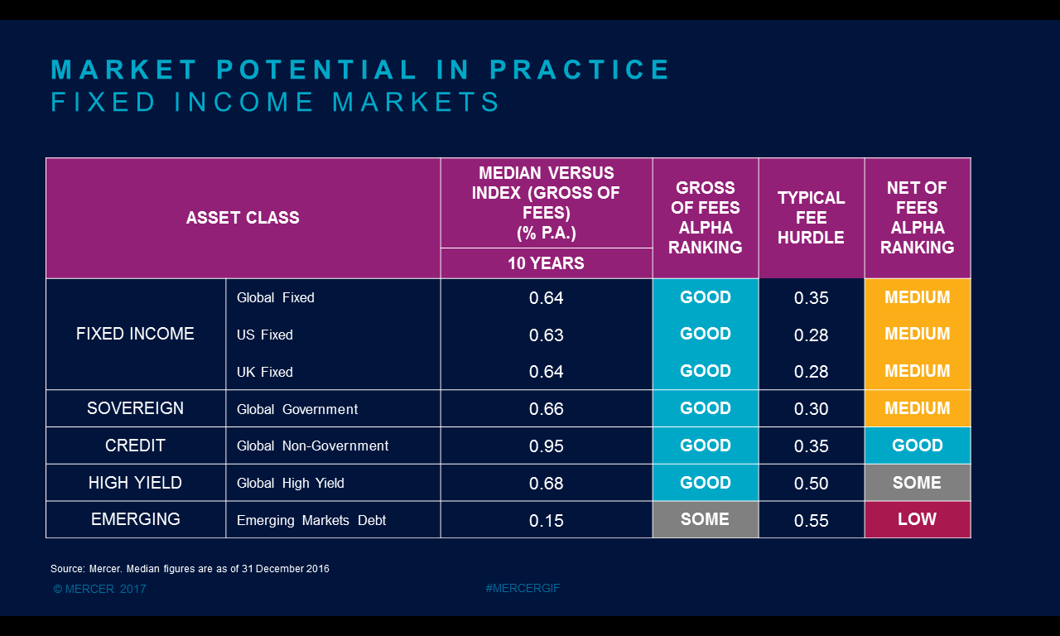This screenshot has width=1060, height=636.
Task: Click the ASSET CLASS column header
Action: [243, 218]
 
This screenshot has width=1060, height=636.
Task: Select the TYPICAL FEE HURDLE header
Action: [811, 218]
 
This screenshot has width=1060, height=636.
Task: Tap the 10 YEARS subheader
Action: [546, 263]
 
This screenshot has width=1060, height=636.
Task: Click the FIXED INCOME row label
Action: [135, 334]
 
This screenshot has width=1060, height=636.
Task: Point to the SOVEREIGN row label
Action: [135, 408]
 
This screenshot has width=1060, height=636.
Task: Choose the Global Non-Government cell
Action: [312, 446]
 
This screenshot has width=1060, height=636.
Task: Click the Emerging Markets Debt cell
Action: [311, 520]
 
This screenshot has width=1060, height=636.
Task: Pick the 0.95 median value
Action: [546, 446]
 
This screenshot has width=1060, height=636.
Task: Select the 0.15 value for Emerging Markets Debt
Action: [546, 521]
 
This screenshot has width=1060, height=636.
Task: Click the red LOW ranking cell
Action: [918, 519]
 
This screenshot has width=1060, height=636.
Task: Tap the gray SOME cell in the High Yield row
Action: [918, 483]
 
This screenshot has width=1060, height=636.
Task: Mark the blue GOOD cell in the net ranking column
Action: [918, 446]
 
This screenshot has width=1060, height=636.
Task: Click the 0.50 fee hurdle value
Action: [811, 483]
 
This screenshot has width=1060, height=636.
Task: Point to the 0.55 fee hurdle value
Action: [811, 521]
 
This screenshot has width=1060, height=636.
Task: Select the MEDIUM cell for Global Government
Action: [918, 408]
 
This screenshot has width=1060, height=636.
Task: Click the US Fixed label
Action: [264, 335]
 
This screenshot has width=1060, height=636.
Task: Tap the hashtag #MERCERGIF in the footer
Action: [523, 588]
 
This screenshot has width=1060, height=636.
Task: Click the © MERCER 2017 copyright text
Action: [100, 589]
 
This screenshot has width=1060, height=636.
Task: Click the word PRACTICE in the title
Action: [579, 70]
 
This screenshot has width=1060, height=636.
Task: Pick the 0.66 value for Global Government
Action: [546, 409]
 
